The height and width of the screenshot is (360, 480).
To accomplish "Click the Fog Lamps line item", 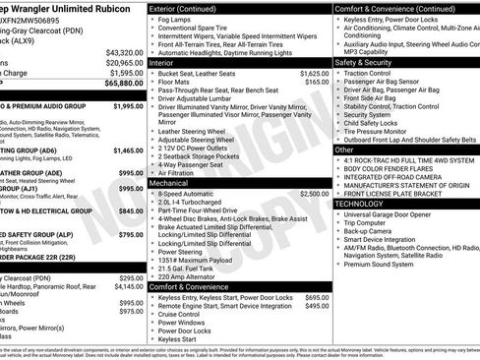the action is click(x=180, y=19).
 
